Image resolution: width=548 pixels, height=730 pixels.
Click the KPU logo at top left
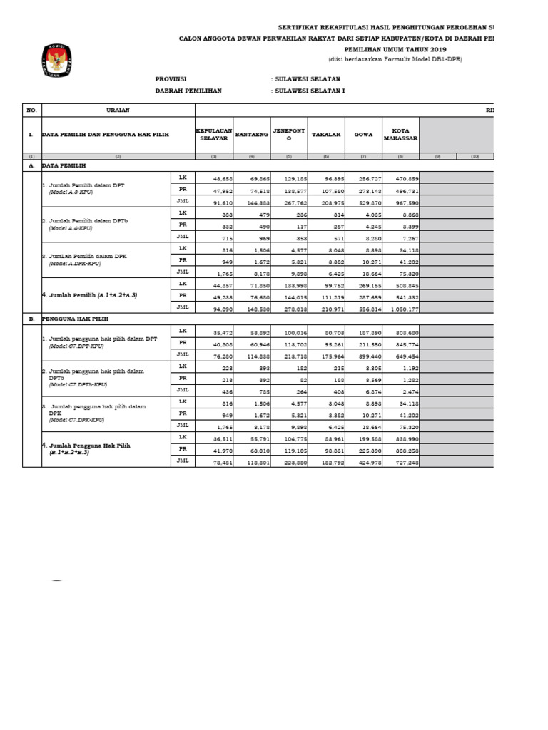[54, 61]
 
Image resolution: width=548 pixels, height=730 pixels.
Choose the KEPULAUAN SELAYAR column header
[214, 134]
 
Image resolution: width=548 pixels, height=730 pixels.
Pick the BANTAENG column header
[251, 134]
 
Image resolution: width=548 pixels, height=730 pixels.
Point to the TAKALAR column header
[325, 134]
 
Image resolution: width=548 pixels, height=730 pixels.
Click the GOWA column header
[364, 134]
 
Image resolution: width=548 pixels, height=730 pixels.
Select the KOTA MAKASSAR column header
[400, 134]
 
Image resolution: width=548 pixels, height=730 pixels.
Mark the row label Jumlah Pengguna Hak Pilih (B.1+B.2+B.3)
[93, 447]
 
